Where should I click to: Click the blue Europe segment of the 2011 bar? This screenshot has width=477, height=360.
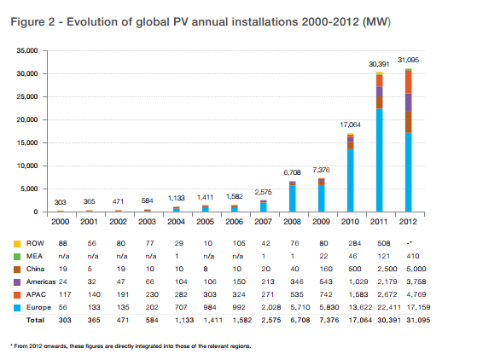(x=379, y=160)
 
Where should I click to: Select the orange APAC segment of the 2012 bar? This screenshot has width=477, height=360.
(x=408, y=82)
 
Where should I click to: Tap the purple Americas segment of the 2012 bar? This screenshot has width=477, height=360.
(x=408, y=102)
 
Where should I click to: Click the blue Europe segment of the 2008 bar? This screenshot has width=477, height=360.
(x=292, y=199)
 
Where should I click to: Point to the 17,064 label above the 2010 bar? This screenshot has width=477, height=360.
(x=350, y=125)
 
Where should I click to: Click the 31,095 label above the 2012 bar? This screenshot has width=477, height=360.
(x=408, y=60)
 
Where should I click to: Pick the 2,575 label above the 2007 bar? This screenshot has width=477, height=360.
(x=263, y=192)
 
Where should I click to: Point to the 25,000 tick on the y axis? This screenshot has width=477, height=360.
(x=27, y=96)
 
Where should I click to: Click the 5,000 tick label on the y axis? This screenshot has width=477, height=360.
(x=29, y=189)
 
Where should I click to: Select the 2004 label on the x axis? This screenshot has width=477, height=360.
(x=176, y=222)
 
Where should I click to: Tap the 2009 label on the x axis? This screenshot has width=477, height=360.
(x=321, y=222)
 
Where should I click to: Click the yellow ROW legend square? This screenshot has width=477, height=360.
(x=17, y=244)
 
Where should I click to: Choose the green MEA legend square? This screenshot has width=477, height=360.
(x=17, y=257)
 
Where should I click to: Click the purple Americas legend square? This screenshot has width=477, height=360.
(x=17, y=282)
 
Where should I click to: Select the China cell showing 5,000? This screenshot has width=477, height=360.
(x=416, y=269)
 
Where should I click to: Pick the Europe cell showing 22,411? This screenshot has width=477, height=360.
(x=389, y=307)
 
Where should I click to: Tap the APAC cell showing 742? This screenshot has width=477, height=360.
(x=326, y=294)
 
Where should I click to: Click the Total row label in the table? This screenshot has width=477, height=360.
(x=35, y=320)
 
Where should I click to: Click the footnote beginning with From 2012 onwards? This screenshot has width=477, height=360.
(x=131, y=346)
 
